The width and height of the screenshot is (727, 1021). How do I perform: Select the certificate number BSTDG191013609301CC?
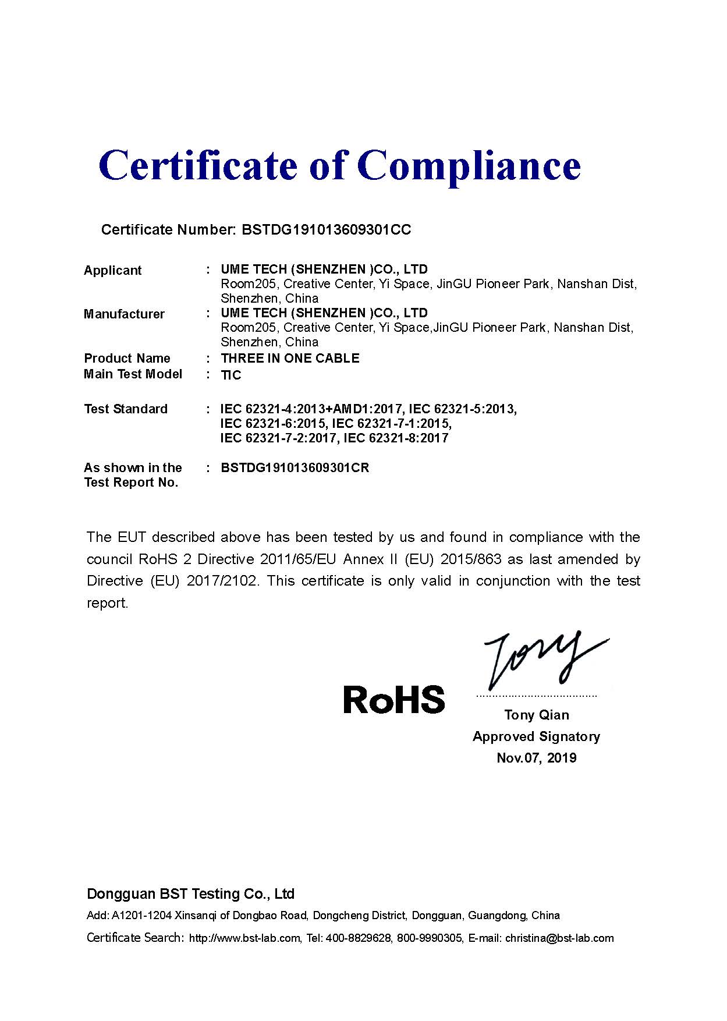326,230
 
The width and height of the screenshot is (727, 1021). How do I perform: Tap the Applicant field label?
113,271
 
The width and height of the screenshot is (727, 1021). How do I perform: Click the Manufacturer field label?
124,314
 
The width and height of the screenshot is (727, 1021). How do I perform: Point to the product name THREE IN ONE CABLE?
290,359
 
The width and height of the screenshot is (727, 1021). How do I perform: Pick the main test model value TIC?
231,375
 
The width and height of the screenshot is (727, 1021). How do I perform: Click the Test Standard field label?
126,409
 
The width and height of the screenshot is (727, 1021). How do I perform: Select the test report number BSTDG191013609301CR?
295,468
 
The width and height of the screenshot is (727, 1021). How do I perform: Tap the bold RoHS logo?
394,700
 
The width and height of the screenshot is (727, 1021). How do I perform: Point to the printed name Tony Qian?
537,715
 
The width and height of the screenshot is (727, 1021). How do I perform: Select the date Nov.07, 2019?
537,758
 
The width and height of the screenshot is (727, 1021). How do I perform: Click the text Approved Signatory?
536,737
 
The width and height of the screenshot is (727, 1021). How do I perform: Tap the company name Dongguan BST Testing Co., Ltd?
190,894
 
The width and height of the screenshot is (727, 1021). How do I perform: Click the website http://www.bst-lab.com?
245,938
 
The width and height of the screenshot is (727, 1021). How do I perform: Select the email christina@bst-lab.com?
559,938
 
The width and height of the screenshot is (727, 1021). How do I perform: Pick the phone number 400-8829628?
358,938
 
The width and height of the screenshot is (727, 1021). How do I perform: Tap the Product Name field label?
127,359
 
